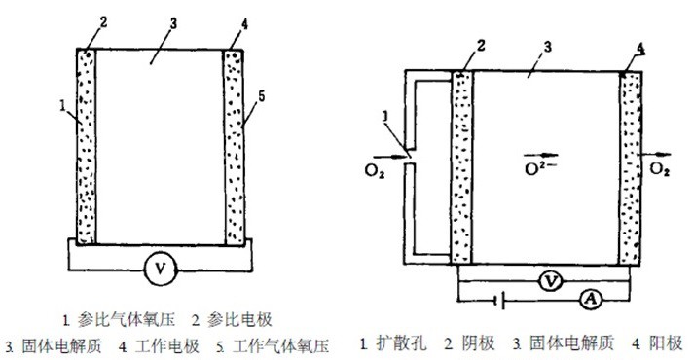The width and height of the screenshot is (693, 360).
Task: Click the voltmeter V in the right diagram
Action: pos(551,281)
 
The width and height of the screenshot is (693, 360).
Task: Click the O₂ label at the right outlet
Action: pos(660,171)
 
